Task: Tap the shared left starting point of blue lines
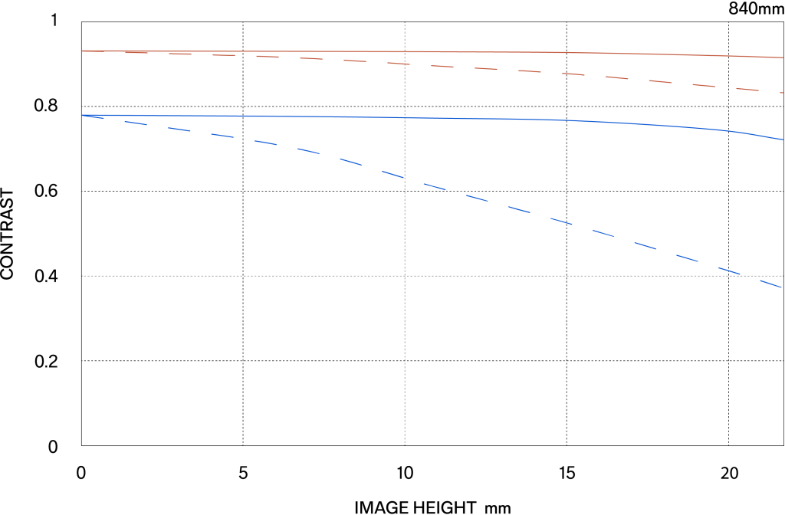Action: pyautogui.click(x=82, y=115)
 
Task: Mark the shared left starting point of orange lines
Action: pyautogui.click(x=82, y=51)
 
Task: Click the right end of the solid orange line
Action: pyautogui.click(x=783, y=57)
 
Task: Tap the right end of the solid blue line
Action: pyautogui.click(x=783, y=139)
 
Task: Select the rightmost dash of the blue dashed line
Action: pyautogui.click(x=770, y=284)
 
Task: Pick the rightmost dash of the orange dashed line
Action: pyautogui.click(x=782, y=93)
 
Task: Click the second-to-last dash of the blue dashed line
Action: pyautogui.click(x=729, y=270)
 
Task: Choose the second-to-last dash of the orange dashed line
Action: pyautogui.click(x=747, y=90)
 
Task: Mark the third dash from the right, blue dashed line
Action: pyautogui.click(x=687, y=257)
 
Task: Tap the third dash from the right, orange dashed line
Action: pyautogui.click(x=704, y=85)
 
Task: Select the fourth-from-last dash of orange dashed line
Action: pyautogui.click(x=660, y=81)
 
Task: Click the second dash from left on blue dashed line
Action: pyautogui.click(x=136, y=123)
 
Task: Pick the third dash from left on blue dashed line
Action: pyautogui.click(x=179, y=130)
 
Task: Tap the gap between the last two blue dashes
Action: pyautogui.click(x=750, y=277)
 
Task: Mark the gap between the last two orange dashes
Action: pyautogui.click(x=769, y=91)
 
